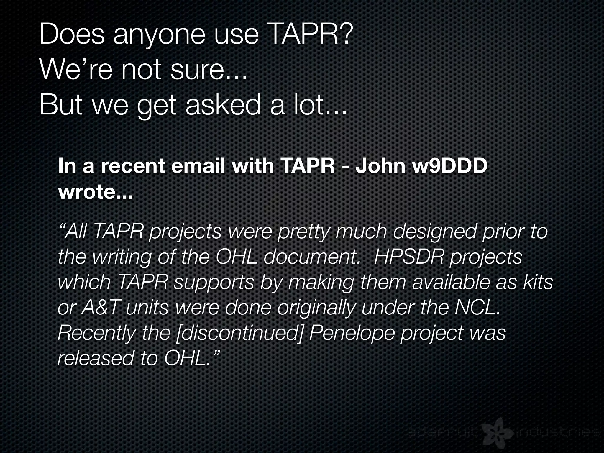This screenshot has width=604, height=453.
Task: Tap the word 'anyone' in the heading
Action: point(159,36)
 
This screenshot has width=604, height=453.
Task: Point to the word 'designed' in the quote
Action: point(434,232)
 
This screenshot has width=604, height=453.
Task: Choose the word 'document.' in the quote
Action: point(311,257)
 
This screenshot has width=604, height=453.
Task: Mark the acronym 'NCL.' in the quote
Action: point(478,308)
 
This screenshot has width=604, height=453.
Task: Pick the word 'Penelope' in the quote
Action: point(352,333)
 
